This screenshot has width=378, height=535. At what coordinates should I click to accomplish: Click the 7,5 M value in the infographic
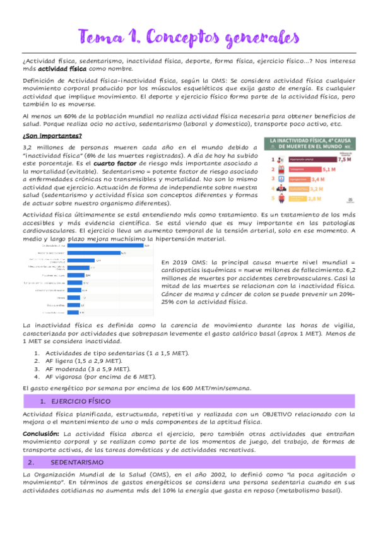(x=344, y=160)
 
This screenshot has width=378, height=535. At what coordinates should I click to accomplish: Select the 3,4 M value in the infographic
(x=317, y=179)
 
